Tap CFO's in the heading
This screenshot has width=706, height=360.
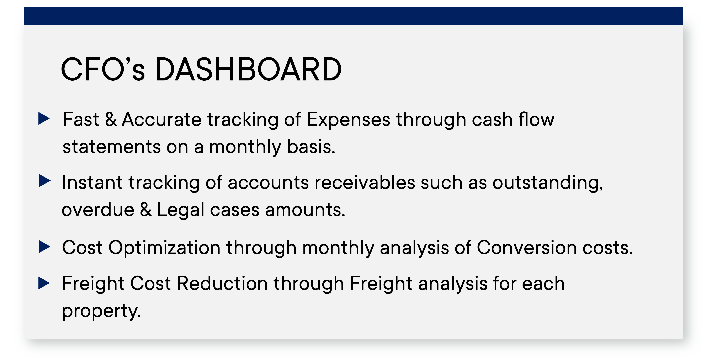coord(103,69)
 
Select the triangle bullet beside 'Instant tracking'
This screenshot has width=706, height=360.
coord(45,181)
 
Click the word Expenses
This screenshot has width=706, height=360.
coord(348,120)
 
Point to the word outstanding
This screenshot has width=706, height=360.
coord(548,183)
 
